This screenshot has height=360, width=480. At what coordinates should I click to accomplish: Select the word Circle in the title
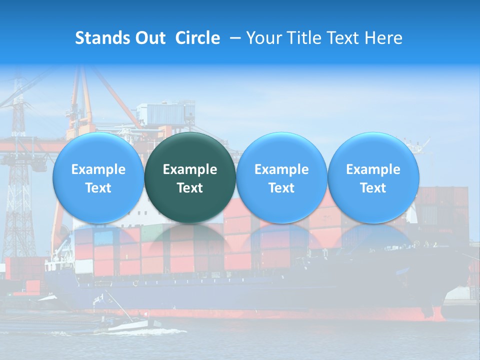[197, 38]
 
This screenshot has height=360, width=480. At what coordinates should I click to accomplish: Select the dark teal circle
[190, 177]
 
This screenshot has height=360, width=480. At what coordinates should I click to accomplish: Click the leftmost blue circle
[98, 177]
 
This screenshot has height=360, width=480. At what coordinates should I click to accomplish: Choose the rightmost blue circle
[373, 177]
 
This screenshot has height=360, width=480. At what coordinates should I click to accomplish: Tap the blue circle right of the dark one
[281, 177]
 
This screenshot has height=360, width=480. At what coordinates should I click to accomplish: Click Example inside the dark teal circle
[190, 169]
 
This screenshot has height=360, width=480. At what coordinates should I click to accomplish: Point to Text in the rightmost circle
[373, 188]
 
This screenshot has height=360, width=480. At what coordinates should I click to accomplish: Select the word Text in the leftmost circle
[98, 188]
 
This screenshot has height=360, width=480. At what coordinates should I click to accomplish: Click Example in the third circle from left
[281, 169]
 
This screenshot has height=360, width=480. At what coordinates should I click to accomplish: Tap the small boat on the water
[127, 325]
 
